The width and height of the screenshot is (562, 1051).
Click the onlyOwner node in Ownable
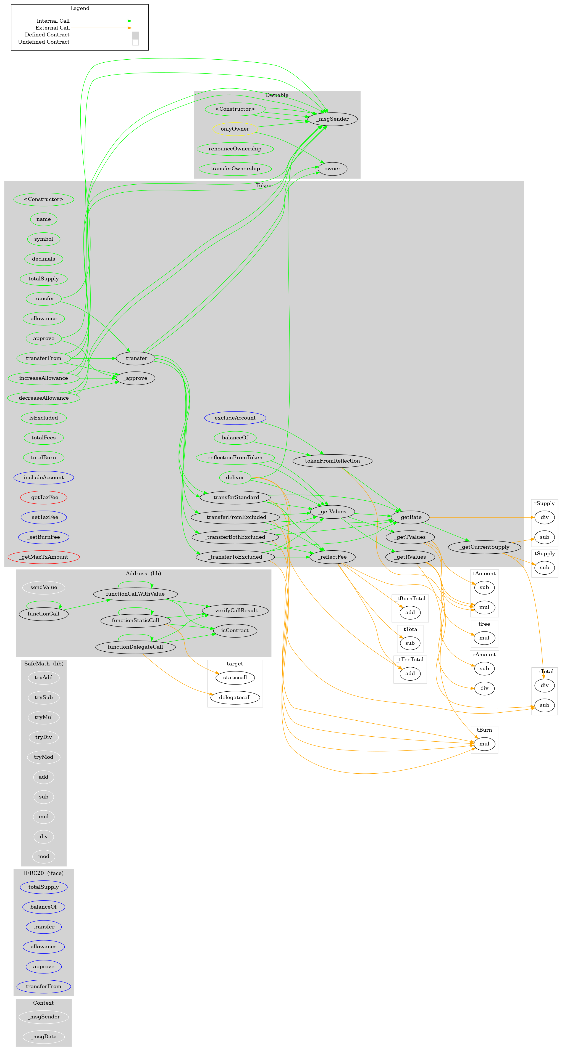pos(235,129)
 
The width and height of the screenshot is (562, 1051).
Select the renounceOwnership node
pos(235,149)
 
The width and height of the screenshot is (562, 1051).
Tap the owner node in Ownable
pos(332,169)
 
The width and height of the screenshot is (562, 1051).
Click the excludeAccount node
pos(235,418)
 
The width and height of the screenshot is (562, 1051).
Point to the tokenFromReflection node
pos(332,461)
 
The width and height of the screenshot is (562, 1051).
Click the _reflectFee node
pos(332,557)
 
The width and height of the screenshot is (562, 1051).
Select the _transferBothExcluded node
pos(235,537)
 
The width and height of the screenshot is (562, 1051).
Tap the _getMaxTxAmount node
pos(44,557)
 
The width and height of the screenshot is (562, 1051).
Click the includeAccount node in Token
pos(44,477)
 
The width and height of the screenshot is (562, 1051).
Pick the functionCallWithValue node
pos(135,594)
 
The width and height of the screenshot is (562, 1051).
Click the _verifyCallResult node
pos(235,610)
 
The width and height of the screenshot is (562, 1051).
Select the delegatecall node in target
pos(235,697)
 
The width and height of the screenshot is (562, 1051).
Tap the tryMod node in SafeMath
pos(44,757)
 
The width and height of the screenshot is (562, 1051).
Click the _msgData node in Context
pos(44,1036)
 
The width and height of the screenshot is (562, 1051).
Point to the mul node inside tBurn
pos(484,744)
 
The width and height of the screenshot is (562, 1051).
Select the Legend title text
pos(80,8)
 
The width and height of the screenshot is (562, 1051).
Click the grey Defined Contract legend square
pos(136,35)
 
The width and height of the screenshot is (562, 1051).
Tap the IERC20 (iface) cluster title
pos(44,873)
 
